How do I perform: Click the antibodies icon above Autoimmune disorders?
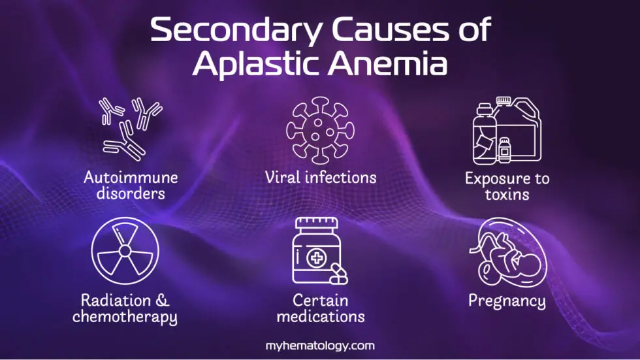click(x=131, y=128)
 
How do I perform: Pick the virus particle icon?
click(x=319, y=129)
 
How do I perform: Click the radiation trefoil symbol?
click(x=125, y=250)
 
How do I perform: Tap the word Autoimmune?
click(x=131, y=177)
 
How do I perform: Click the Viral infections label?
click(x=320, y=177)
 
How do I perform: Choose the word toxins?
click(x=507, y=194)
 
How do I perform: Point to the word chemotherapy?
click(x=125, y=318)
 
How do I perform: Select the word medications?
click(x=320, y=318)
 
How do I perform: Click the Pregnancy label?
click(x=507, y=301)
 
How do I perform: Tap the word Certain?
click(x=320, y=301)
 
